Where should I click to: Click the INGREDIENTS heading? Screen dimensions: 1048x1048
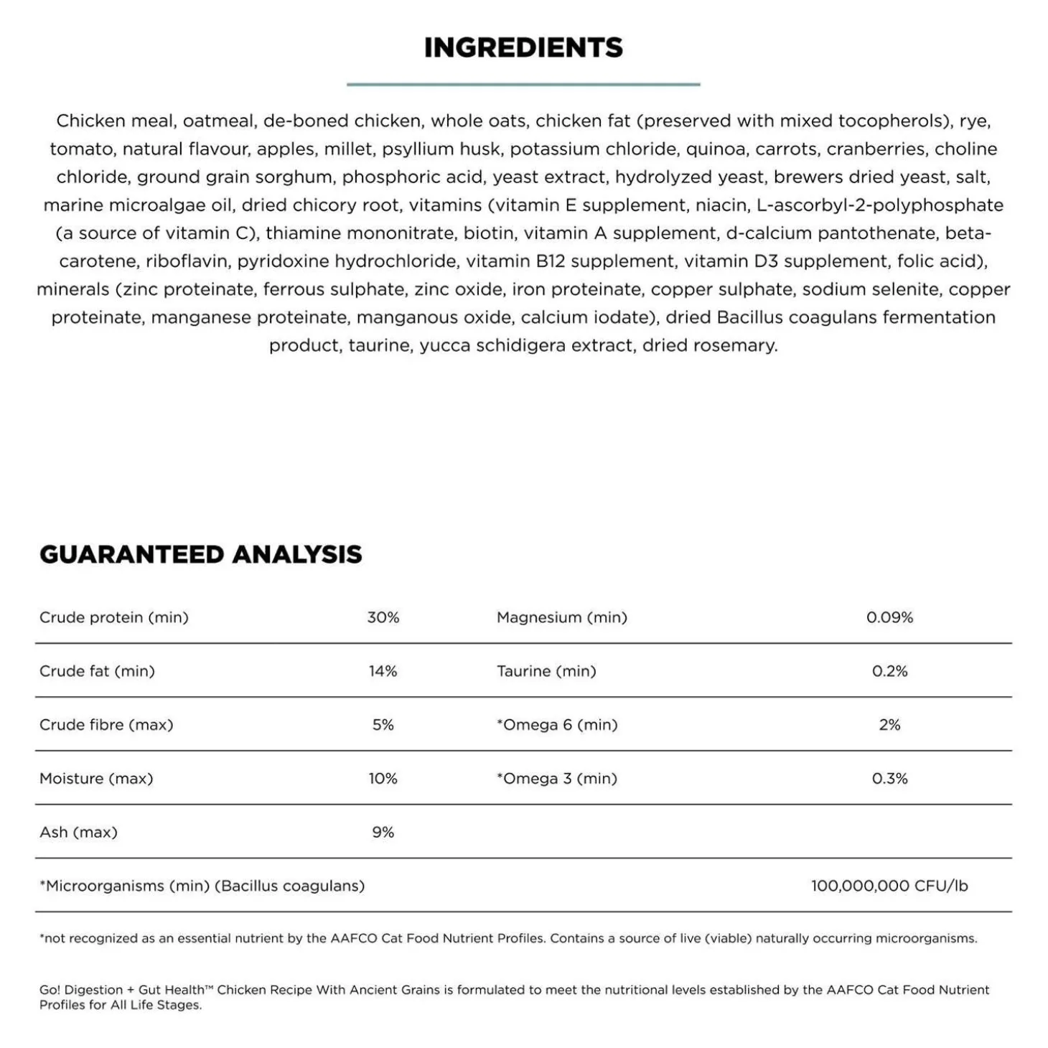coord(523,47)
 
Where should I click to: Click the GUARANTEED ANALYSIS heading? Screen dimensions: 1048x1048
coord(201,554)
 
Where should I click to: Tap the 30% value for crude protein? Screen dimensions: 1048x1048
coord(383,617)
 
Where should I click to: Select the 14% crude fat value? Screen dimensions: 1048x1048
coord(383,671)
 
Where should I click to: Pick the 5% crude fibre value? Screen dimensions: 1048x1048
coord(383,725)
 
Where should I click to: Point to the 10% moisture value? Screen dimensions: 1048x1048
coord(383,779)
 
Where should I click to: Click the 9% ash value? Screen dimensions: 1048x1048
coord(383,833)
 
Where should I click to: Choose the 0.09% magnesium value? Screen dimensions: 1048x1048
coord(889,617)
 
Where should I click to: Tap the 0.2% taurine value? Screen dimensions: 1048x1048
coord(889,671)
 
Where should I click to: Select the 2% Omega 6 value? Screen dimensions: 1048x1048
coord(889,725)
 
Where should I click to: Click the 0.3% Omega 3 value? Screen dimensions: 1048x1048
coord(889,779)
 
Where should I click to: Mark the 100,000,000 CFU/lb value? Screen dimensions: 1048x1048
coord(889,886)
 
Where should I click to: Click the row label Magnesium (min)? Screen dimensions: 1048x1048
coord(561,617)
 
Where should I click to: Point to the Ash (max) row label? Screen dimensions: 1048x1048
coord(78,833)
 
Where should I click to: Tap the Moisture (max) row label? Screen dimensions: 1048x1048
coord(96,779)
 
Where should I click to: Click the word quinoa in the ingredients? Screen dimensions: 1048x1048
coord(715,149)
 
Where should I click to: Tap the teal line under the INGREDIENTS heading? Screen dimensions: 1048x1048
coord(523,85)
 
